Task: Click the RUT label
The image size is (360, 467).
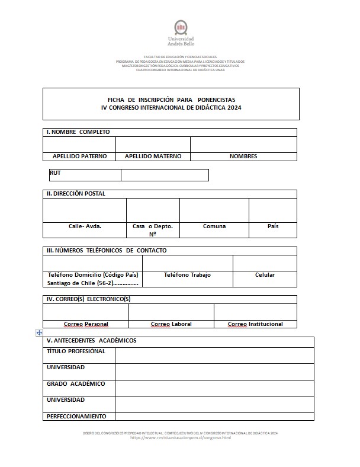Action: pos(56,173)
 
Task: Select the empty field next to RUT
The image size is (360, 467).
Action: pos(165,175)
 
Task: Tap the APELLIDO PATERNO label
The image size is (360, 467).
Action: pos(79,156)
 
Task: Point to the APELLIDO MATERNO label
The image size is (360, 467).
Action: pos(153,156)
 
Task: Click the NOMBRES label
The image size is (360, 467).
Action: pos(243,156)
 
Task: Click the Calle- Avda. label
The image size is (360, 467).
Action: pos(85,226)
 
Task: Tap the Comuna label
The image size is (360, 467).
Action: pos(214,226)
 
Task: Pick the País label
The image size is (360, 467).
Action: pos(273,226)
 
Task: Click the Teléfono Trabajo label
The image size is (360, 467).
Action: pos(187,275)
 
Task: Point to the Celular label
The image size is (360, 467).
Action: pos(265,275)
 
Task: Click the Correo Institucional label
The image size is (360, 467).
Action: pos(255,324)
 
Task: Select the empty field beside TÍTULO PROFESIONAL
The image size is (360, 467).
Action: pos(214,355)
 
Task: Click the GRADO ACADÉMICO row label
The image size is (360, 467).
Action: pos(76,383)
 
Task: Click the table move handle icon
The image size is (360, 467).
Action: pos(39,333)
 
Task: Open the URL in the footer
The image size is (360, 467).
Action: pos(180,437)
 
